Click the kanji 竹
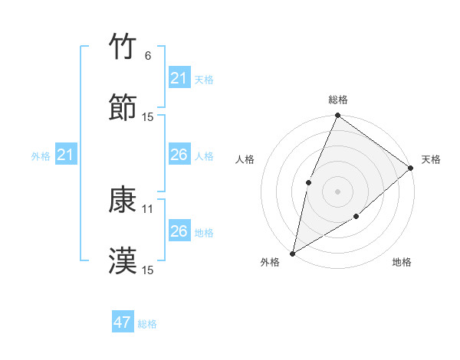click(123, 47)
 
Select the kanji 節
click(123, 107)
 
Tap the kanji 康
click(123, 201)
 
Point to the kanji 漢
click(123, 261)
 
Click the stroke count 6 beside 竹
click(147, 56)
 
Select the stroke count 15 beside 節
click(148, 116)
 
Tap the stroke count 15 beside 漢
click(148, 270)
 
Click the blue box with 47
click(123, 322)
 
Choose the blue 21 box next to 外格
click(66, 155)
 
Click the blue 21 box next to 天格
click(179, 78)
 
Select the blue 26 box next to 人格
click(179, 155)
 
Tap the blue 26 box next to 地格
click(179, 231)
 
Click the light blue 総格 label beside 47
click(147, 324)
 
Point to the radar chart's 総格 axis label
click(337, 100)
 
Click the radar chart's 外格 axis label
click(270, 263)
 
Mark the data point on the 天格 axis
click(410, 168)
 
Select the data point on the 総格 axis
click(337, 116)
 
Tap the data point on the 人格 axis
click(308, 182)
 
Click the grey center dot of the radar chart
click(337, 191)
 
